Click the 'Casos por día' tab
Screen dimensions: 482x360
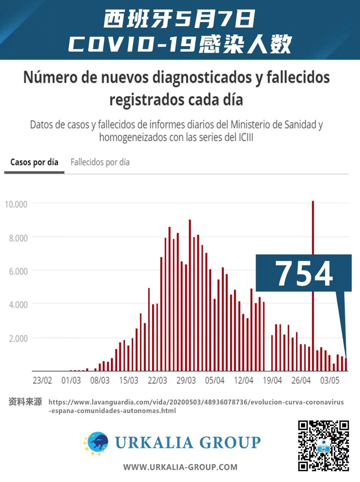pyautogui.click(x=34, y=162)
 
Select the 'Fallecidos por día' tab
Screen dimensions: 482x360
pyautogui.click(x=100, y=162)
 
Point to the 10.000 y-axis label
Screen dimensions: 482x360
pyautogui.click(x=16, y=204)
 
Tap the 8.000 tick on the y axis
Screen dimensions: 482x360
pyautogui.click(x=18, y=238)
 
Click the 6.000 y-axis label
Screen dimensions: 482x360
pyautogui.click(x=18, y=271)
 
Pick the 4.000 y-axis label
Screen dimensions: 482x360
pyautogui.click(x=18, y=304)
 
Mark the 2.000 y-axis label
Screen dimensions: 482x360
pyautogui.click(x=18, y=338)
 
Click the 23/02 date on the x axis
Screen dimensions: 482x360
pyautogui.click(x=42, y=380)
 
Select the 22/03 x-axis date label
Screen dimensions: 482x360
pyautogui.click(x=157, y=380)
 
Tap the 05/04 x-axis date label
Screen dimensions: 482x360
pyautogui.click(x=215, y=380)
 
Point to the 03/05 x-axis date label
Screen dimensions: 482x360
pyautogui.click(x=330, y=380)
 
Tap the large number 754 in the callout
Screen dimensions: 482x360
pyautogui.click(x=304, y=274)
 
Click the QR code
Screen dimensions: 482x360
pyautogui.click(x=323, y=446)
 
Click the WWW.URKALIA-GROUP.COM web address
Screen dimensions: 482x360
pyautogui.click(x=180, y=467)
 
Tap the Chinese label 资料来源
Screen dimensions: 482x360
pyautogui.click(x=25, y=402)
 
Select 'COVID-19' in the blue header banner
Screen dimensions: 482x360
pyautogui.click(x=132, y=44)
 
